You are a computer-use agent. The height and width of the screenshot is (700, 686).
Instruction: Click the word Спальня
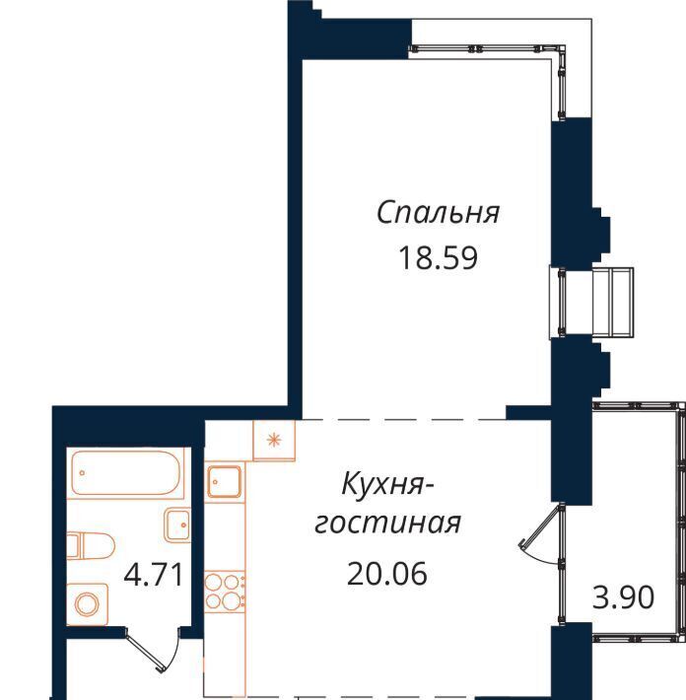(438, 213)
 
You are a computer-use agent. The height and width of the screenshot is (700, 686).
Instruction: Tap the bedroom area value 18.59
(438, 258)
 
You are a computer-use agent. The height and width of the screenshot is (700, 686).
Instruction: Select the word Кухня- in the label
(387, 485)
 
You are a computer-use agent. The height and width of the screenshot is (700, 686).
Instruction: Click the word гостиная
(387, 523)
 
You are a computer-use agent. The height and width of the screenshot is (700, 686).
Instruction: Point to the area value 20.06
(387, 573)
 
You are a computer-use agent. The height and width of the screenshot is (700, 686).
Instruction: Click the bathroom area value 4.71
(154, 575)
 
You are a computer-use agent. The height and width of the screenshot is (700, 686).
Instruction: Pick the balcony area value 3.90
(623, 597)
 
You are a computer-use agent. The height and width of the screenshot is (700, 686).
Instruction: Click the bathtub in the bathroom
(127, 473)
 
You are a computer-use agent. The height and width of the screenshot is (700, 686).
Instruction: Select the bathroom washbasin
(177, 525)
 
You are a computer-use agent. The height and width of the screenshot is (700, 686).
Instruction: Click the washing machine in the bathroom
(88, 604)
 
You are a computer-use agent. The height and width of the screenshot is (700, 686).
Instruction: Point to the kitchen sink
(225, 482)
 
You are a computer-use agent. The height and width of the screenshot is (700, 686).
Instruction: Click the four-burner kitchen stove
(225, 592)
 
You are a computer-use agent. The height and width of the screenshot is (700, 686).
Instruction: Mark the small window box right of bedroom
(591, 302)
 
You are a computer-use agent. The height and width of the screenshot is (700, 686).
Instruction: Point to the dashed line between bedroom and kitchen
(404, 420)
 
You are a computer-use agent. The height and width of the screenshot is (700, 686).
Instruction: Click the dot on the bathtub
(82, 472)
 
